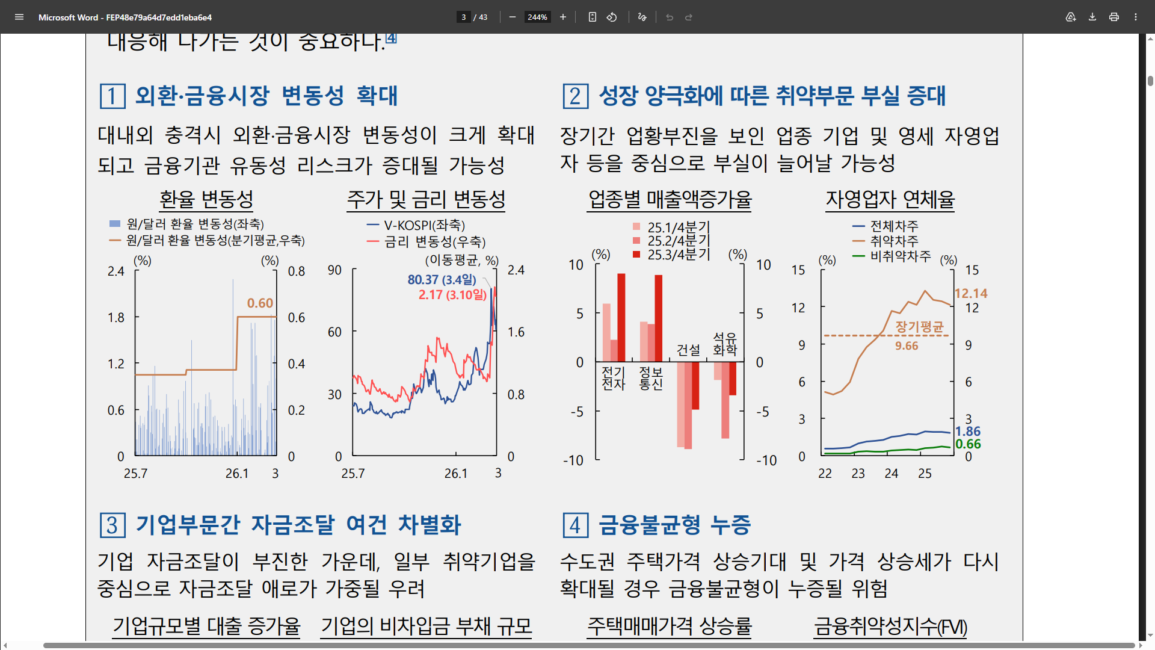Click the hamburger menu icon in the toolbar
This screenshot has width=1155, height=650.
click(19, 17)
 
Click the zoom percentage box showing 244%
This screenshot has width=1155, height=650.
click(537, 17)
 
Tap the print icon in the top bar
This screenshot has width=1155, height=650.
click(1114, 17)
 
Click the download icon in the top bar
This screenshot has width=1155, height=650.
click(1092, 17)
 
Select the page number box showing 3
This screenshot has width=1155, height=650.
click(463, 17)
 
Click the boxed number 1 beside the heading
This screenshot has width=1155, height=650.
click(112, 96)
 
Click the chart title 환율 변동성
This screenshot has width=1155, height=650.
click(206, 199)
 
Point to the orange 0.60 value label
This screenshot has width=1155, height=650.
click(260, 303)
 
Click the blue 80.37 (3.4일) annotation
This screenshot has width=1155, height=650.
click(442, 280)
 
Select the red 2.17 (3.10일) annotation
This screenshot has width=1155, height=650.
click(452, 295)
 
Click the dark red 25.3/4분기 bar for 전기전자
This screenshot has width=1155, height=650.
click(621, 317)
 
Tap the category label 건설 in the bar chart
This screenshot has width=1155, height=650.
click(688, 350)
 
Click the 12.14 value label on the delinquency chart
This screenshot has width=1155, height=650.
click(971, 294)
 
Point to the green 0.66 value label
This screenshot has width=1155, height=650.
click(968, 444)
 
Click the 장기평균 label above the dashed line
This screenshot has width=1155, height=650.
click(919, 327)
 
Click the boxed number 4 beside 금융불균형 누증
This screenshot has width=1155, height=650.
click(576, 525)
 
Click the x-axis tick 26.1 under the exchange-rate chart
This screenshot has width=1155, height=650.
click(237, 474)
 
